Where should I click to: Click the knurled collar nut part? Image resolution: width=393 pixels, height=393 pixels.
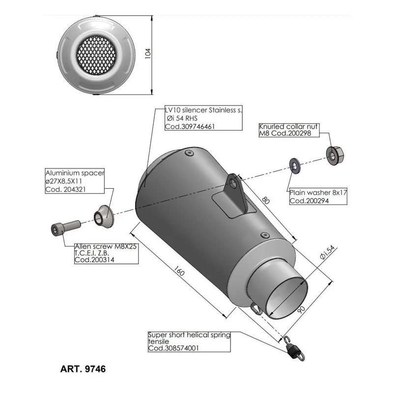[x=335, y=155]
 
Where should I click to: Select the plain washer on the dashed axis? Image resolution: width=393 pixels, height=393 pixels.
[x=294, y=166]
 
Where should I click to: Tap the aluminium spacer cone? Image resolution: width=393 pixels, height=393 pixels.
[x=104, y=217]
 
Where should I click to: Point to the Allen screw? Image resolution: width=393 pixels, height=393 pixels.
[x=66, y=227]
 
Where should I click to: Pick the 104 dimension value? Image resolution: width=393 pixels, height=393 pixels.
[x=148, y=54]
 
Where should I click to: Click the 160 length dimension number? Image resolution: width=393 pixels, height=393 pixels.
[x=179, y=271]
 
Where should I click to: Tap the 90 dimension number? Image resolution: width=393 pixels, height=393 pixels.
[x=301, y=309]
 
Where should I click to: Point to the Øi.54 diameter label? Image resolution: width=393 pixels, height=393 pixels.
[x=327, y=252]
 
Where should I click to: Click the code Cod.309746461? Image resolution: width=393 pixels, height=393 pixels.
[x=190, y=126]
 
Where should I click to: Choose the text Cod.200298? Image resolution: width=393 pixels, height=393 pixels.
[x=291, y=133]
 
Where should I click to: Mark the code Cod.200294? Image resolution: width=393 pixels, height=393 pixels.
[x=309, y=200]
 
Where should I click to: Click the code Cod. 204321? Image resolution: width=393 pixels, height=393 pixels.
[x=65, y=189]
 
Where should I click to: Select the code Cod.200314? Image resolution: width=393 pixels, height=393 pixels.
[x=94, y=260]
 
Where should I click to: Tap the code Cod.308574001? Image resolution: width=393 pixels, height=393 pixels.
[x=173, y=348]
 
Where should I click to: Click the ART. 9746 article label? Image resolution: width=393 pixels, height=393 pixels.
[x=83, y=369]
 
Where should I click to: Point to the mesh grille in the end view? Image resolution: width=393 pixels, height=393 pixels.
[x=96, y=55]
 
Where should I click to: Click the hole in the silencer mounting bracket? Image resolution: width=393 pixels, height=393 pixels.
[x=233, y=183]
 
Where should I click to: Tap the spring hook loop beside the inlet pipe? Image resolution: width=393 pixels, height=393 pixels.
[x=256, y=308]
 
